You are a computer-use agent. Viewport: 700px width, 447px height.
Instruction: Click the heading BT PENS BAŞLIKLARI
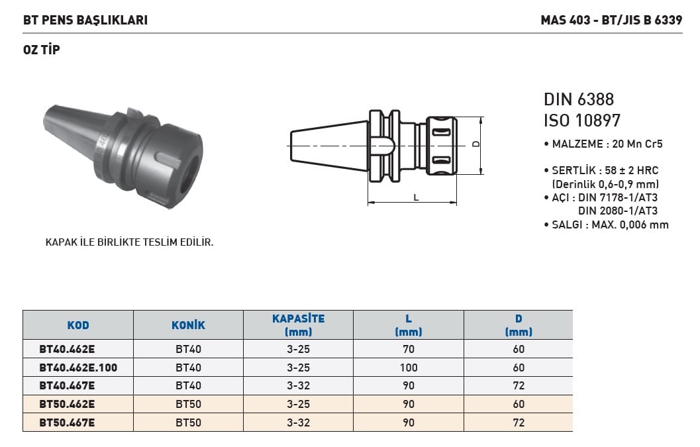85,20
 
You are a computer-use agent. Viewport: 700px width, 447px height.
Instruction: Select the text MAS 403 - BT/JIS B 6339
612,20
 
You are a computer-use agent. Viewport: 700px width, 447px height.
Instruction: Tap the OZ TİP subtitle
42,50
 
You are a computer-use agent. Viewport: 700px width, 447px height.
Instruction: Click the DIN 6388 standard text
579,99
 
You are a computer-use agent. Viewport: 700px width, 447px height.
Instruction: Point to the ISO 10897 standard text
582,121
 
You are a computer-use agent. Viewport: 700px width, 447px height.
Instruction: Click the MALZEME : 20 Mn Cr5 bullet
603,144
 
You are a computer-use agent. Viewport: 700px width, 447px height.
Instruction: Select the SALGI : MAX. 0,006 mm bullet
606,224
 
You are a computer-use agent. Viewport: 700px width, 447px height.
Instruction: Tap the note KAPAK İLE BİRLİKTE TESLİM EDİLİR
129,242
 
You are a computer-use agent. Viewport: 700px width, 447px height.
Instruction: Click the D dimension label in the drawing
476,144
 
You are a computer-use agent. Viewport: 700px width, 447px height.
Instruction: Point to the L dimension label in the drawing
416,197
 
